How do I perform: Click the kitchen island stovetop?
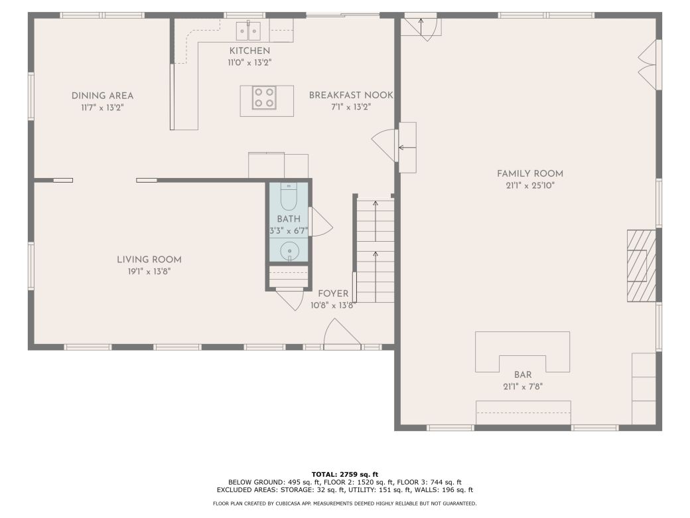(264, 98)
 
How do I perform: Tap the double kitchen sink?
(249, 30)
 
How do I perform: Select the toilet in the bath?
(289, 198)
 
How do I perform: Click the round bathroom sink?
(289, 251)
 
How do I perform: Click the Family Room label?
(529, 174)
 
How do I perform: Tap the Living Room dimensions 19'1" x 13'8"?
(149, 271)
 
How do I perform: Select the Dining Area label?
(102, 96)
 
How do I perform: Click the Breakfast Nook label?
(350, 96)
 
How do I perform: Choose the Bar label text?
(523, 375)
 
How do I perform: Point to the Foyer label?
(333, 294)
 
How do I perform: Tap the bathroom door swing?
(319, 222)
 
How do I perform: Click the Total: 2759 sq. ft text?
(344, 474)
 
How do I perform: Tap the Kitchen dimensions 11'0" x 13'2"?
(249, 62)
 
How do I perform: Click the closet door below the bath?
(290, 299)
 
